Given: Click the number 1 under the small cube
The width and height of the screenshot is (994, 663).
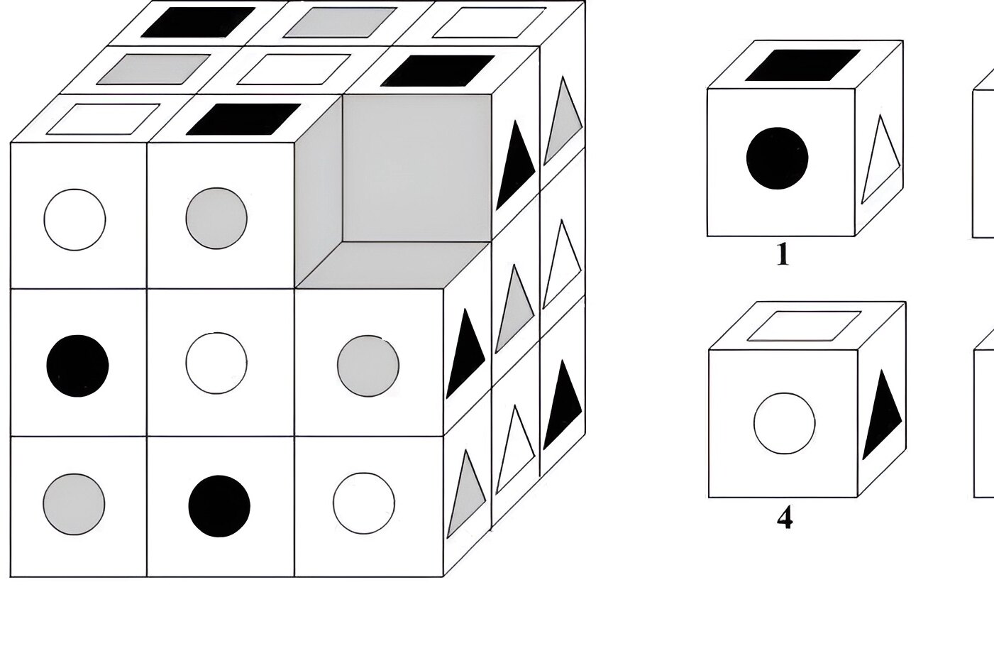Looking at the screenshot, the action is coord(783,255).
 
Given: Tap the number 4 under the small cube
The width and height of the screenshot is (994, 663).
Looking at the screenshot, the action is coord(785,517).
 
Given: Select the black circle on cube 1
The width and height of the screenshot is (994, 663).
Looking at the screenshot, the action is coord(777,158).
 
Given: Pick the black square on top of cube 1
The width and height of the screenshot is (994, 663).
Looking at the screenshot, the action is coord(803,65).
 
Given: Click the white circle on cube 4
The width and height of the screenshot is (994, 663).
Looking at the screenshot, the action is coord(784,423).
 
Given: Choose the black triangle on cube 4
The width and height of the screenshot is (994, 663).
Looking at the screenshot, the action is coord(882,415).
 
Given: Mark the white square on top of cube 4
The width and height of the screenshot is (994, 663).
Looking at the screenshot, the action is coord(804,327).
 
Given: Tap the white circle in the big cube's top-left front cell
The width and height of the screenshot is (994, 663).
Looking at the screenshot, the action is coord(74,220).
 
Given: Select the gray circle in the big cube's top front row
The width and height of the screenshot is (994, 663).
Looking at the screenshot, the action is coord(216,218).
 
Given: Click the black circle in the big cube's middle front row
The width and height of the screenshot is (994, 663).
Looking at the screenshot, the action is coord(77,366).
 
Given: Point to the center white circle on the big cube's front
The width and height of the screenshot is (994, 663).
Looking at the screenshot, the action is coord(216,363).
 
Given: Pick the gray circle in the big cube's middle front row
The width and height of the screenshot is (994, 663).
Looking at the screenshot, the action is coord(368,366).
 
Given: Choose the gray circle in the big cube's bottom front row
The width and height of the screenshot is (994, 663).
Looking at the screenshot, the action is coord(74,504).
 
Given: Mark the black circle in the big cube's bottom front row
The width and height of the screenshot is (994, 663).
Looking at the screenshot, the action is coord(219,506).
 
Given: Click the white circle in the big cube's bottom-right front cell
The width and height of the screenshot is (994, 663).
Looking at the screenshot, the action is coord(364,503).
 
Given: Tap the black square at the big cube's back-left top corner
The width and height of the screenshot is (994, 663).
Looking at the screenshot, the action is coord(199,22).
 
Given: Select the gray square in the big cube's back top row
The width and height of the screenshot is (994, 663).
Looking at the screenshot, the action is coord(341,22).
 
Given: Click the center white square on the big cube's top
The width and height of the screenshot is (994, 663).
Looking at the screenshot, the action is coord(294,70).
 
